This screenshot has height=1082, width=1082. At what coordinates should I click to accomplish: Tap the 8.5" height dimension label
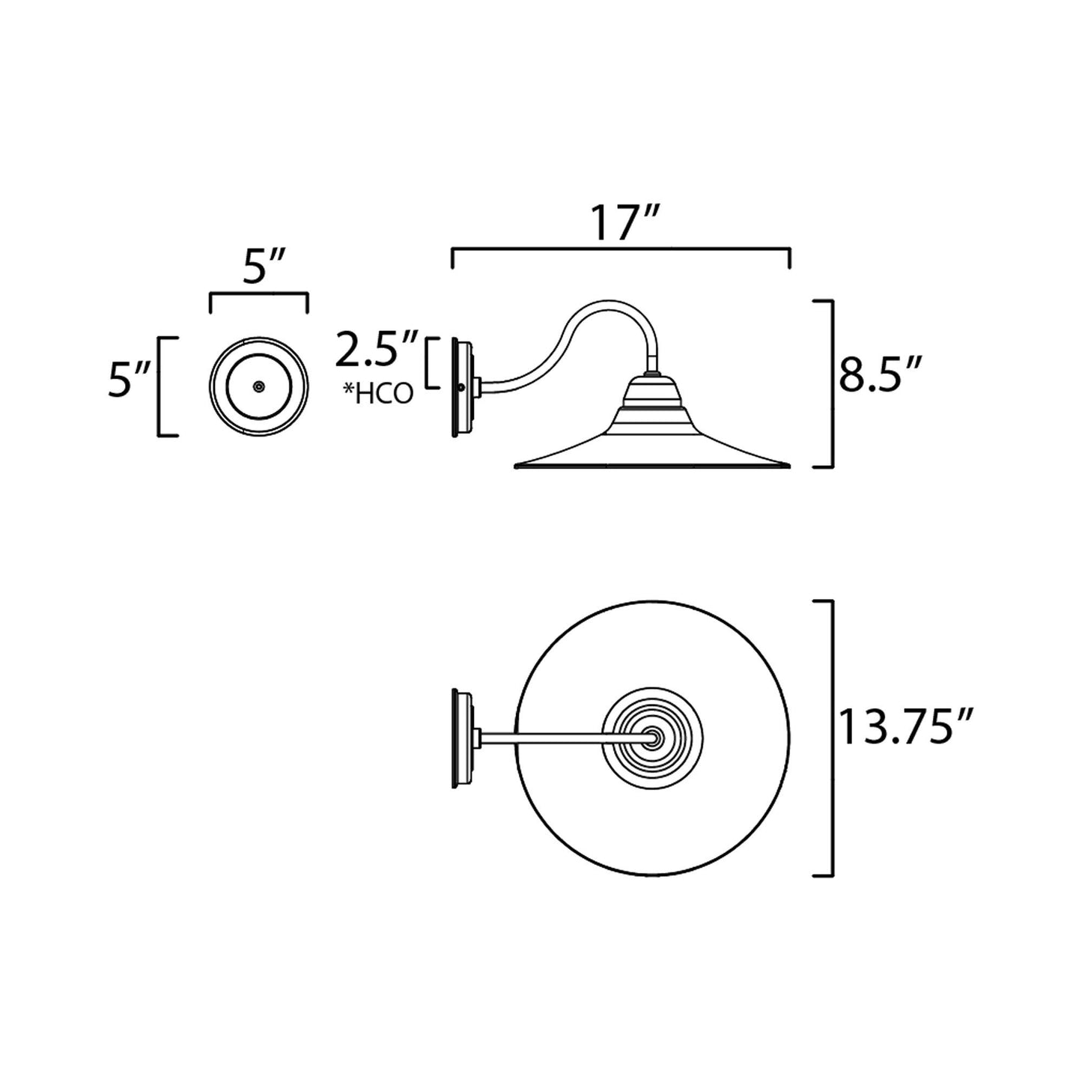pyautogui.click(x=880, y=374)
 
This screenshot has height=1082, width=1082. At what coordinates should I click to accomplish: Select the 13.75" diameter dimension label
pyautogui.click(x=905, y=727)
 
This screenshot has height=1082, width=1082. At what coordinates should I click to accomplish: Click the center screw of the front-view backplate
pyautogui.click(x=258, y=386)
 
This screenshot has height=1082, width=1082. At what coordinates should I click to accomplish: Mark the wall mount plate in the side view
pyautogui.click(x=460, y=387)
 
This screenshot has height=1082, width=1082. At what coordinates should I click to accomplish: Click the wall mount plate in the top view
pyautogui.click(x=460, y=738)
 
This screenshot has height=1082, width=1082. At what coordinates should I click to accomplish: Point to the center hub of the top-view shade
pyautogui.click(x=654, y=738)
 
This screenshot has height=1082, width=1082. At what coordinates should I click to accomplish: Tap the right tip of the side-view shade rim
pyautogui.click(x=789, y=466)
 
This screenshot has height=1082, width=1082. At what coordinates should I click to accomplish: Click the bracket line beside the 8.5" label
pyautogui.click(x=831, y=383)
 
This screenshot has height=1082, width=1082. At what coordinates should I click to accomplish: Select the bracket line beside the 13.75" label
pyautogui.click(x=831, y=738)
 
